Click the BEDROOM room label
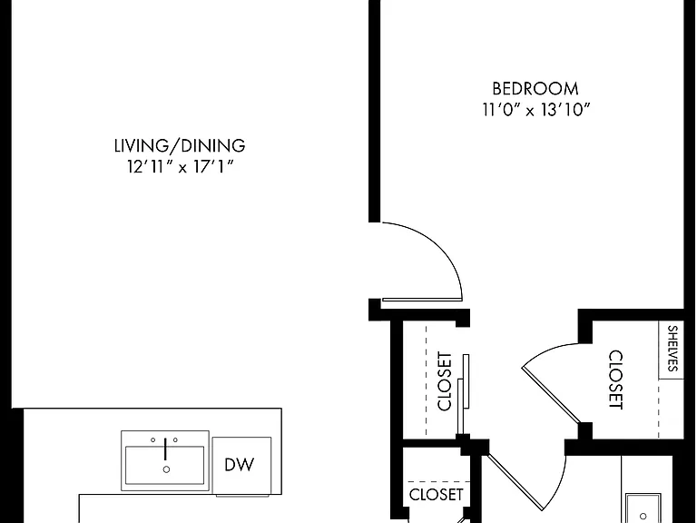[535, 89]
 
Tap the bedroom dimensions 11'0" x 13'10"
[536, 109]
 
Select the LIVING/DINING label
[180, 145]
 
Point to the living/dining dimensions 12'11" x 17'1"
[180, 166]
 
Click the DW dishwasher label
[240, 465]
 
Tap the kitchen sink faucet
[165, 449]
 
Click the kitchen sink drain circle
[166, 469]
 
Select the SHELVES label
[672, 349]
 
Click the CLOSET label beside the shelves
[615, 380]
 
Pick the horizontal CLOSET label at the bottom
[436, 495]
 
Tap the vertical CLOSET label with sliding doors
[445, 381]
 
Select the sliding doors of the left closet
[463, 394]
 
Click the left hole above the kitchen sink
[152, 439]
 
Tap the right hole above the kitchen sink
[175, 439]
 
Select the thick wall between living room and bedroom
[374, 111]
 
